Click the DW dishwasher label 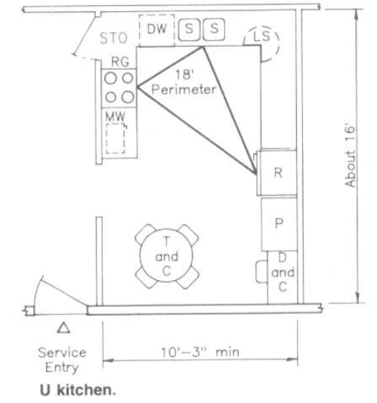click(x=156, y=29)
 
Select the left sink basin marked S click(x=189, y=29)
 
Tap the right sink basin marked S click(x=214, y=29)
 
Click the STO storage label click(x=113, y=38)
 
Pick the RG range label click(x=120, y=62)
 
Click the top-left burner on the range click(x=111, y=78)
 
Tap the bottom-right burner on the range click(x=128, y=97)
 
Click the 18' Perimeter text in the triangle click(x=184, y=82)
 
